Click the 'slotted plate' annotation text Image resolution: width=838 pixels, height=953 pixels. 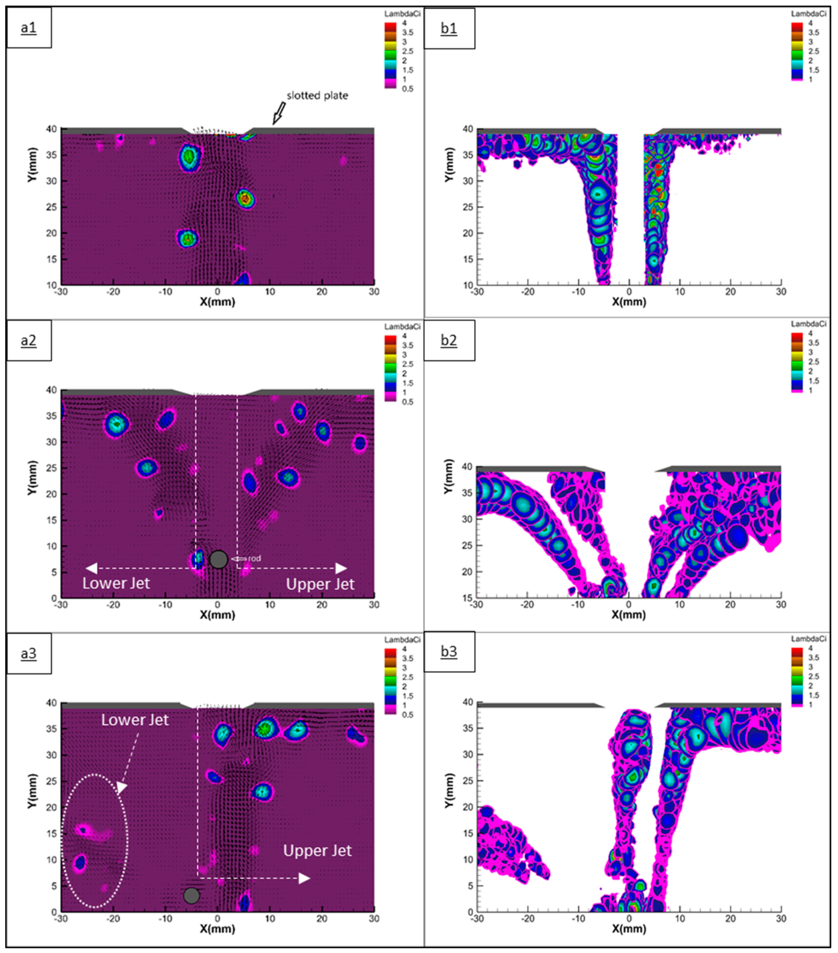tap(317, 95)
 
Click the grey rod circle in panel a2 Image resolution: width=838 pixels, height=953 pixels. tap(219, 559)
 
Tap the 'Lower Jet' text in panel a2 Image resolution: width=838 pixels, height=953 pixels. tap(116, 584)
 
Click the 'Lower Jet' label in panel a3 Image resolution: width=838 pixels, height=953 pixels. tap(135, 720)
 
